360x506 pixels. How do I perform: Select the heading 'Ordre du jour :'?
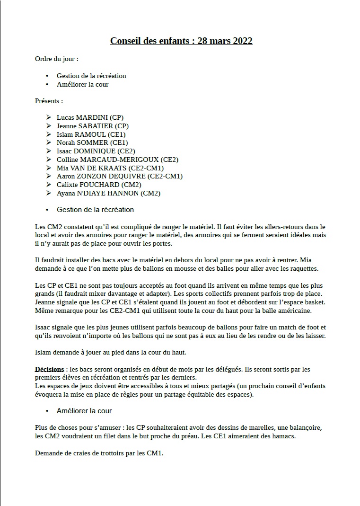point(57,59)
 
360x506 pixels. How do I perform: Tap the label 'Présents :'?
point(49,101)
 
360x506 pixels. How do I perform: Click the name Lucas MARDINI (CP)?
point(90,117)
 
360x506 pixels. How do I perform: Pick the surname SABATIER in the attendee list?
point(97,126)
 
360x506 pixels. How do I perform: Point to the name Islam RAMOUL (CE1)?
point(91,134)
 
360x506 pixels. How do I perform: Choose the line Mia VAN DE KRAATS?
point(110,168)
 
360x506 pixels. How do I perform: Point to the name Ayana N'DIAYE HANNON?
point(108,193)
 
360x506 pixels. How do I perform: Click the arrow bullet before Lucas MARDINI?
point(49,117)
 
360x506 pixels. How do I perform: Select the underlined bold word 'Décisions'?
point(49,369)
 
